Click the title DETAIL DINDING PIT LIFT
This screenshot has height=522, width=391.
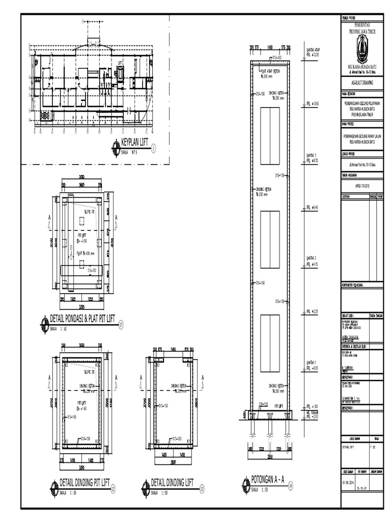[85, 482]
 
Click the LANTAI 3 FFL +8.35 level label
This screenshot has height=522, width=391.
[312, 158]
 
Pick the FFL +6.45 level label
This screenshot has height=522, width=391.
[312, 207]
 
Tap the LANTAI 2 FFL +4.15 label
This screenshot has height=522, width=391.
[312, 262]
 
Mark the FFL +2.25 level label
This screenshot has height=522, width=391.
[312, 311]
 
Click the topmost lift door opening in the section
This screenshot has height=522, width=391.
[270, 134]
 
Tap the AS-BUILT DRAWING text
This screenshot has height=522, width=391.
[362, 81]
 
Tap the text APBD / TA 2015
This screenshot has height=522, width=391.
[361, 187]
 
